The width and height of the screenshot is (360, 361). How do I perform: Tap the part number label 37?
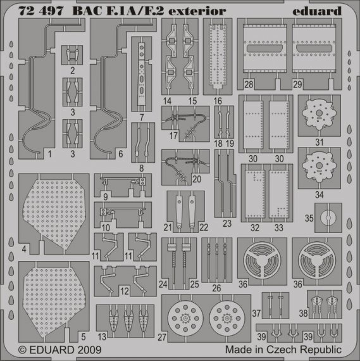pyautogui.click(x=255, y=313)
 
